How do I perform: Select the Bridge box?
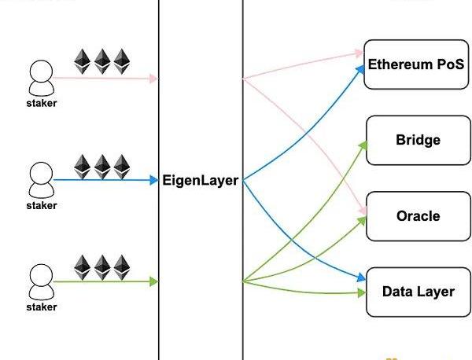(x=417, y=140)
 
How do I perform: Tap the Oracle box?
(x=417, y=215)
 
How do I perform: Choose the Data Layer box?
(x=417, y=292)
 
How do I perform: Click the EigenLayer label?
(x=200, y=181)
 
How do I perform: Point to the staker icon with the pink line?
(x=41, y=76)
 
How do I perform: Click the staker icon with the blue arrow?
(x=41, y=178)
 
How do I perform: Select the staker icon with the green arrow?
(x=41, y=279)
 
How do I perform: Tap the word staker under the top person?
(x=41, y=103)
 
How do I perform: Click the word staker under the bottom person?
(x=41, y=307)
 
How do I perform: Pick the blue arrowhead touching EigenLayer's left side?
(x=154, y=181)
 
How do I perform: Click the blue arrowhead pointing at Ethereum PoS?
(x=363, y=67)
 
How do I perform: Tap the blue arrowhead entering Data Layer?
(x=363, y=277)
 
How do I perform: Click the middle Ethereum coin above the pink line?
(x=102, y=61)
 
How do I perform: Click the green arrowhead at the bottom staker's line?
(x=154, y=281)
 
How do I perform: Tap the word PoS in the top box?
(x=451, y=64)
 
